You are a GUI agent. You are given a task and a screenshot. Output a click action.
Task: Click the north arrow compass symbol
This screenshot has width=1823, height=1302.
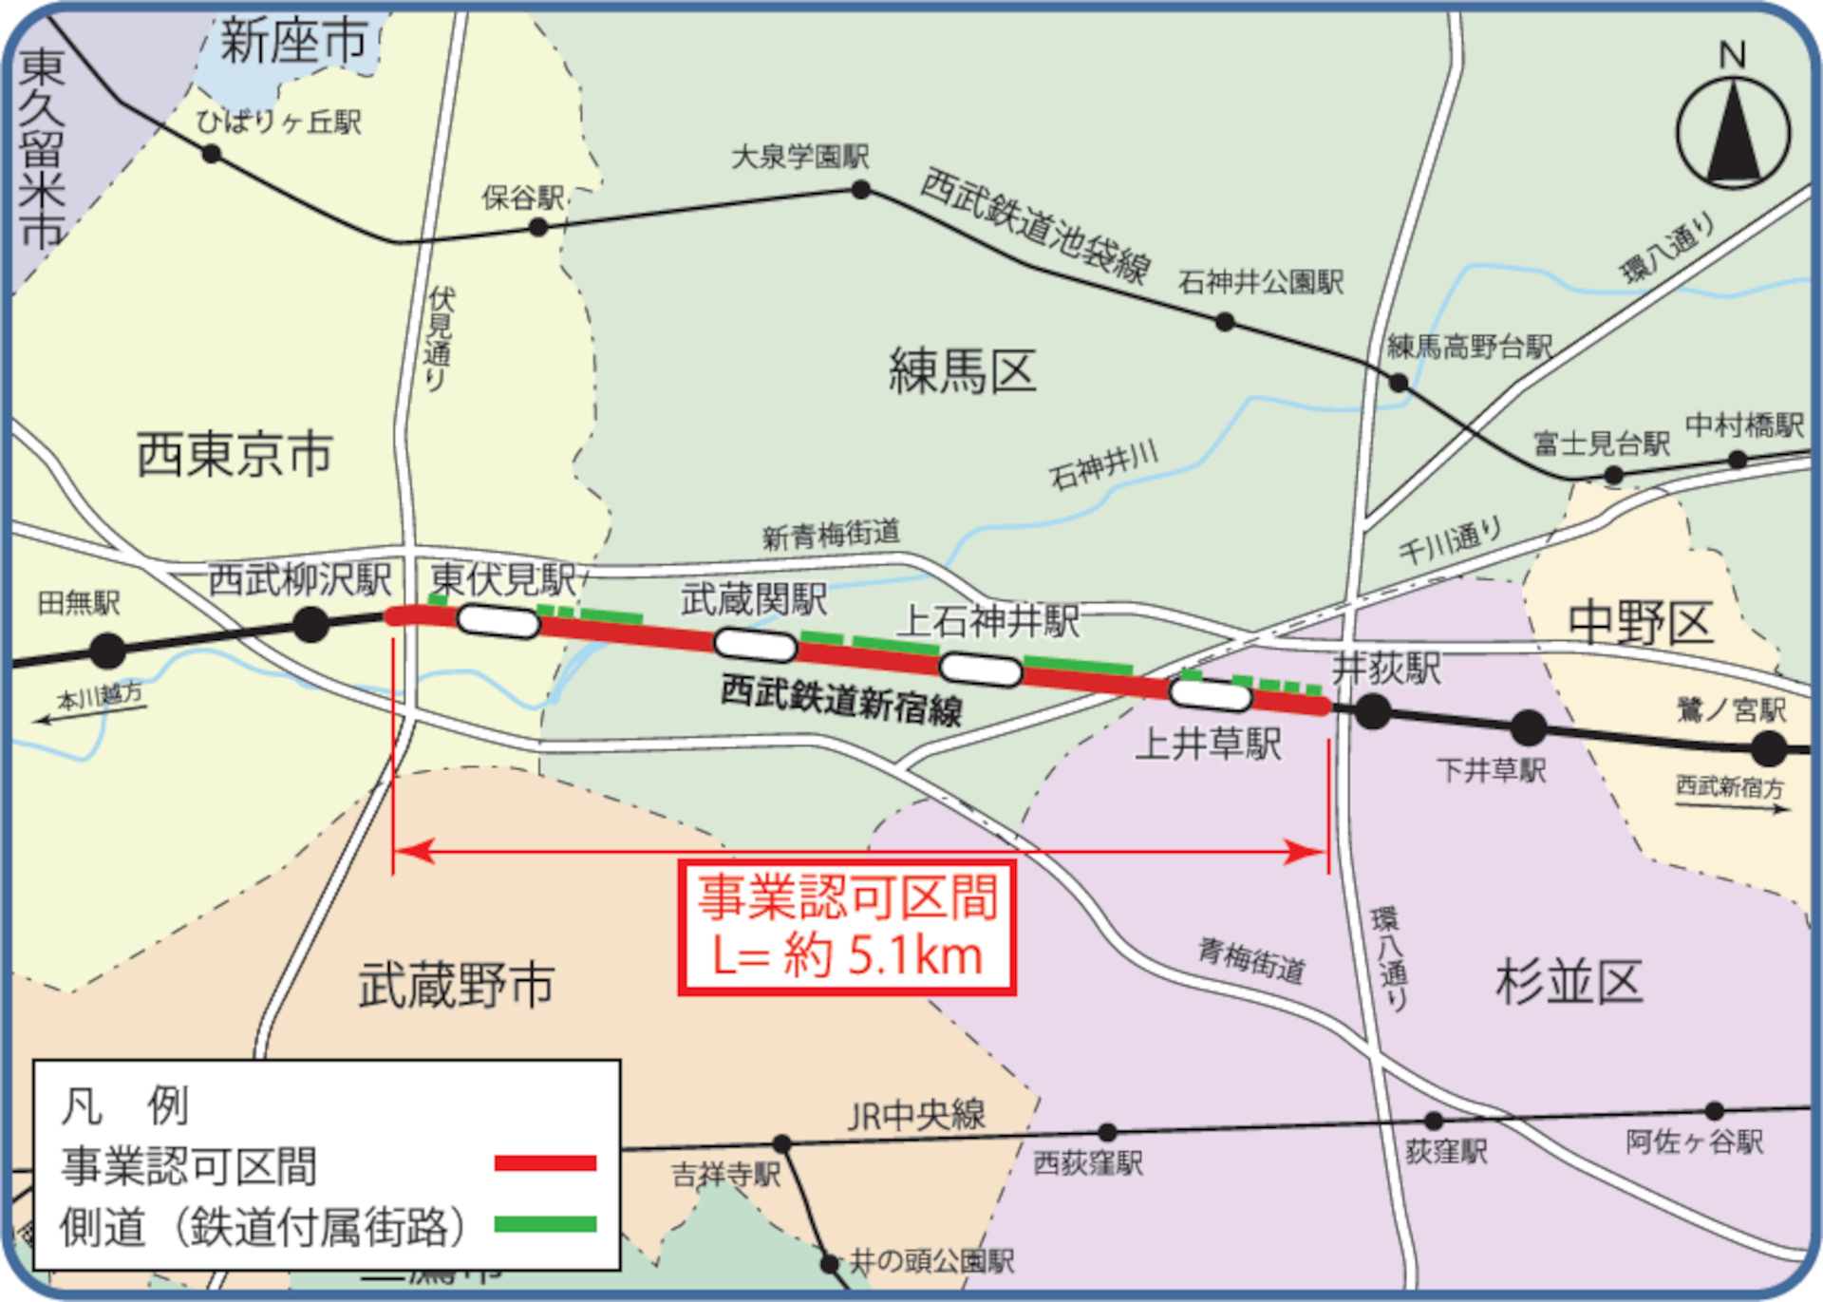pyautogui.click(x=1734, y=133)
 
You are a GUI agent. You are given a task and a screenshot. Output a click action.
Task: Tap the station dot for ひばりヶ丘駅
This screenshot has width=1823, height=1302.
pyautogui.click(x=212, y=153)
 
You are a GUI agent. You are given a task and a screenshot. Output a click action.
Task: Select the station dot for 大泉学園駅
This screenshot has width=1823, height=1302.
pyautogui.click(x=861, y=190)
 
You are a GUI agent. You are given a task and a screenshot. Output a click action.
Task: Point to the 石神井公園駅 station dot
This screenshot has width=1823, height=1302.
pyautogui.click(x=1225, y=323)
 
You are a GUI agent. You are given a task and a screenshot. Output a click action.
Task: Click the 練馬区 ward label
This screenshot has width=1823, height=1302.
pyautogui.click(x=962, y=371)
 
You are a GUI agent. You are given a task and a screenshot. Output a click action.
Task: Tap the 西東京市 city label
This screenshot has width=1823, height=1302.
pyautogui.click(x=235, y=454)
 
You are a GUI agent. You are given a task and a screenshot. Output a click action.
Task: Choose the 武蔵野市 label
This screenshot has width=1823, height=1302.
pyautogui.click(x=456, y=984)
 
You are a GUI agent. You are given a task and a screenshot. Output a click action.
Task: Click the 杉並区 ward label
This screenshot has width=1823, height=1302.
pyautogui.click(x=1569, y=982)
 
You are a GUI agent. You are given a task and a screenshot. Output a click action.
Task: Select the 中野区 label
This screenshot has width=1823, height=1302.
pyautogui.click(x=1640, y=623)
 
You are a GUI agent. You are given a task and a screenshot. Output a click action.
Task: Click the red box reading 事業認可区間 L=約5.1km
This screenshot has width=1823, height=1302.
pyautogui.click(x=847, y=927)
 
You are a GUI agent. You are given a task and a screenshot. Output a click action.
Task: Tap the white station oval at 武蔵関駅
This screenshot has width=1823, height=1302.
pyautogui.click(x=755, y=645)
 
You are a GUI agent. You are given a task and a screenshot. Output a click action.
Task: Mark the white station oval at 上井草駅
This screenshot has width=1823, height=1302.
pyautogui.click(x=1211, y=694)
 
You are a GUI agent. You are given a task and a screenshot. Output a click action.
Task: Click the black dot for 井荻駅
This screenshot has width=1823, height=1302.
pyautogui.click(x=1373, y=711)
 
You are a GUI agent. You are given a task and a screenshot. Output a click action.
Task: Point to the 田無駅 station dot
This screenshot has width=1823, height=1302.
pyautogui.click(x=108, y=651)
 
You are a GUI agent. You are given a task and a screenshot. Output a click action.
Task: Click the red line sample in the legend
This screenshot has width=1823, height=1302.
pyautogui.click(x=545, y=1162)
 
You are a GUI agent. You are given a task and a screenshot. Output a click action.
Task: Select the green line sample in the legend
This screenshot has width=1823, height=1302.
pyautogui.click(x=545, y=1224)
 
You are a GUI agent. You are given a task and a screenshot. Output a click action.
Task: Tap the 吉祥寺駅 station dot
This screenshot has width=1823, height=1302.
pyautogui.click(x=781, y=1143)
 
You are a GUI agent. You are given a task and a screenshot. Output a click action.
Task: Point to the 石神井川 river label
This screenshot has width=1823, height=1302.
pyautogui.click(x=1103, y=464)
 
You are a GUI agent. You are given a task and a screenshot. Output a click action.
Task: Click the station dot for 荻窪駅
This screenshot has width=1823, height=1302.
pyautogui.click(x=1435, y=1122)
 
